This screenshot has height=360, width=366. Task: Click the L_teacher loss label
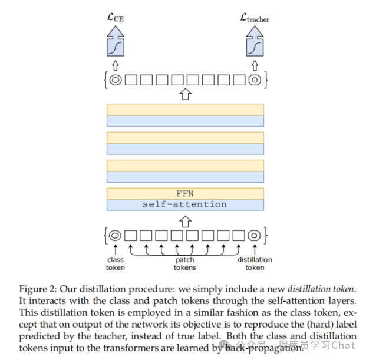(254, 18)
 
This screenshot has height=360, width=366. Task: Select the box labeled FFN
(185, 193)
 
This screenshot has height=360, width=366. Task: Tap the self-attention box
(185, 204)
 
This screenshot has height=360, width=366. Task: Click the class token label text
(116, 263)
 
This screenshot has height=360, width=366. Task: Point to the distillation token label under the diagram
(255, 263)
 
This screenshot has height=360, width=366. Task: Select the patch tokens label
(184, 263)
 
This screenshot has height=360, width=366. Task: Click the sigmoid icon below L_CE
(116, 45)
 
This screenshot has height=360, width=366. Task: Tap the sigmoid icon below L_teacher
(254, 45)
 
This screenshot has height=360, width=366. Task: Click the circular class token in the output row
(116, 79)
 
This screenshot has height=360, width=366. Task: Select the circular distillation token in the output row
(254, 79)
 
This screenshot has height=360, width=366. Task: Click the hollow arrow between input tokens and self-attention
(185, 221)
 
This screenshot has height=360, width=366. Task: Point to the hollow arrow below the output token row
(185, 94)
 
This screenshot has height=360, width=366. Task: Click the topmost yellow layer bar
(185, 110)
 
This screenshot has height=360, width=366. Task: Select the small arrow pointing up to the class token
(116, 249)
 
